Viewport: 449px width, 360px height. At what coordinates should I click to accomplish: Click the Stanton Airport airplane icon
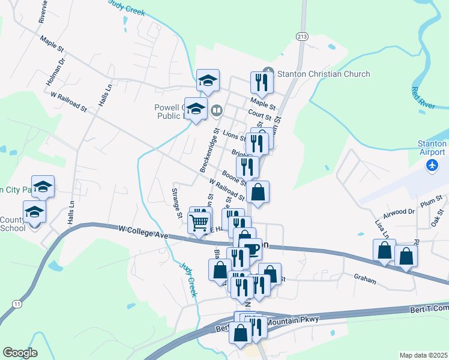pos(432,164)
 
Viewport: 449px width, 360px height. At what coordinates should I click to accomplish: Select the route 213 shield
pos(301,37)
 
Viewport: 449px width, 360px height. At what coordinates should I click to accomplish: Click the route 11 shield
pos(17,305)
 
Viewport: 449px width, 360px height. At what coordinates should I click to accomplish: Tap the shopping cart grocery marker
pos(199,223)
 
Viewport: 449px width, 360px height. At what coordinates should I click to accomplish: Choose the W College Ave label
pos(143,232)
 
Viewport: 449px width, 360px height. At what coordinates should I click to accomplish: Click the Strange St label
pos(177,202)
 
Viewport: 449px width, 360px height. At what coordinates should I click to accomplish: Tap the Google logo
pos(20,353)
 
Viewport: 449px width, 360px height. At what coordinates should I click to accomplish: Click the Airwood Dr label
pos(403,212)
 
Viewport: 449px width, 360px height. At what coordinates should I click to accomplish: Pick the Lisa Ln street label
pos(380,227)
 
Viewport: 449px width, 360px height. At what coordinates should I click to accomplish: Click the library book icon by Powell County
pos(217,110)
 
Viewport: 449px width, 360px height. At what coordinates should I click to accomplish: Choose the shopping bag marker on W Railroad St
pos(258,192)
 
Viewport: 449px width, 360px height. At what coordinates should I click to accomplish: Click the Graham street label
pos(365,280)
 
